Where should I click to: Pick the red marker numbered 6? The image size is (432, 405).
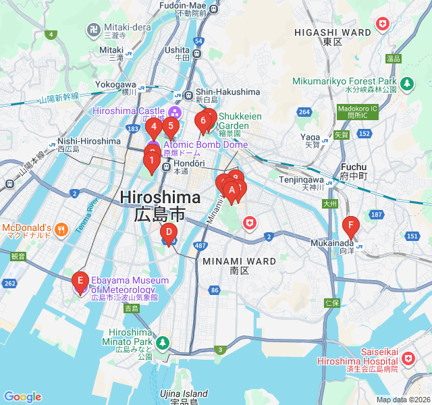click(x=202, y=122)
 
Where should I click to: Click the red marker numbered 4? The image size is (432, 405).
click(x=153, y=126)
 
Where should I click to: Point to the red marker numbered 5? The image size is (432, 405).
click(x=171, y=126)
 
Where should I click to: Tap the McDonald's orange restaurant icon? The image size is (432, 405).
click(x=61, y=228)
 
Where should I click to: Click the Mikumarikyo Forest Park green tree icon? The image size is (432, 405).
click(x=407, y=84)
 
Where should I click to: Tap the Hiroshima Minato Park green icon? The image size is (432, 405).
click(x=162, y=343)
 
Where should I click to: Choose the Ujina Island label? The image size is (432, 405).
click(x=184, y=394)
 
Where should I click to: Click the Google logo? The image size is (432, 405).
click(x=23, y=397)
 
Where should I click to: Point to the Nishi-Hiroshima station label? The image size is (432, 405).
click(x=89, y=142)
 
